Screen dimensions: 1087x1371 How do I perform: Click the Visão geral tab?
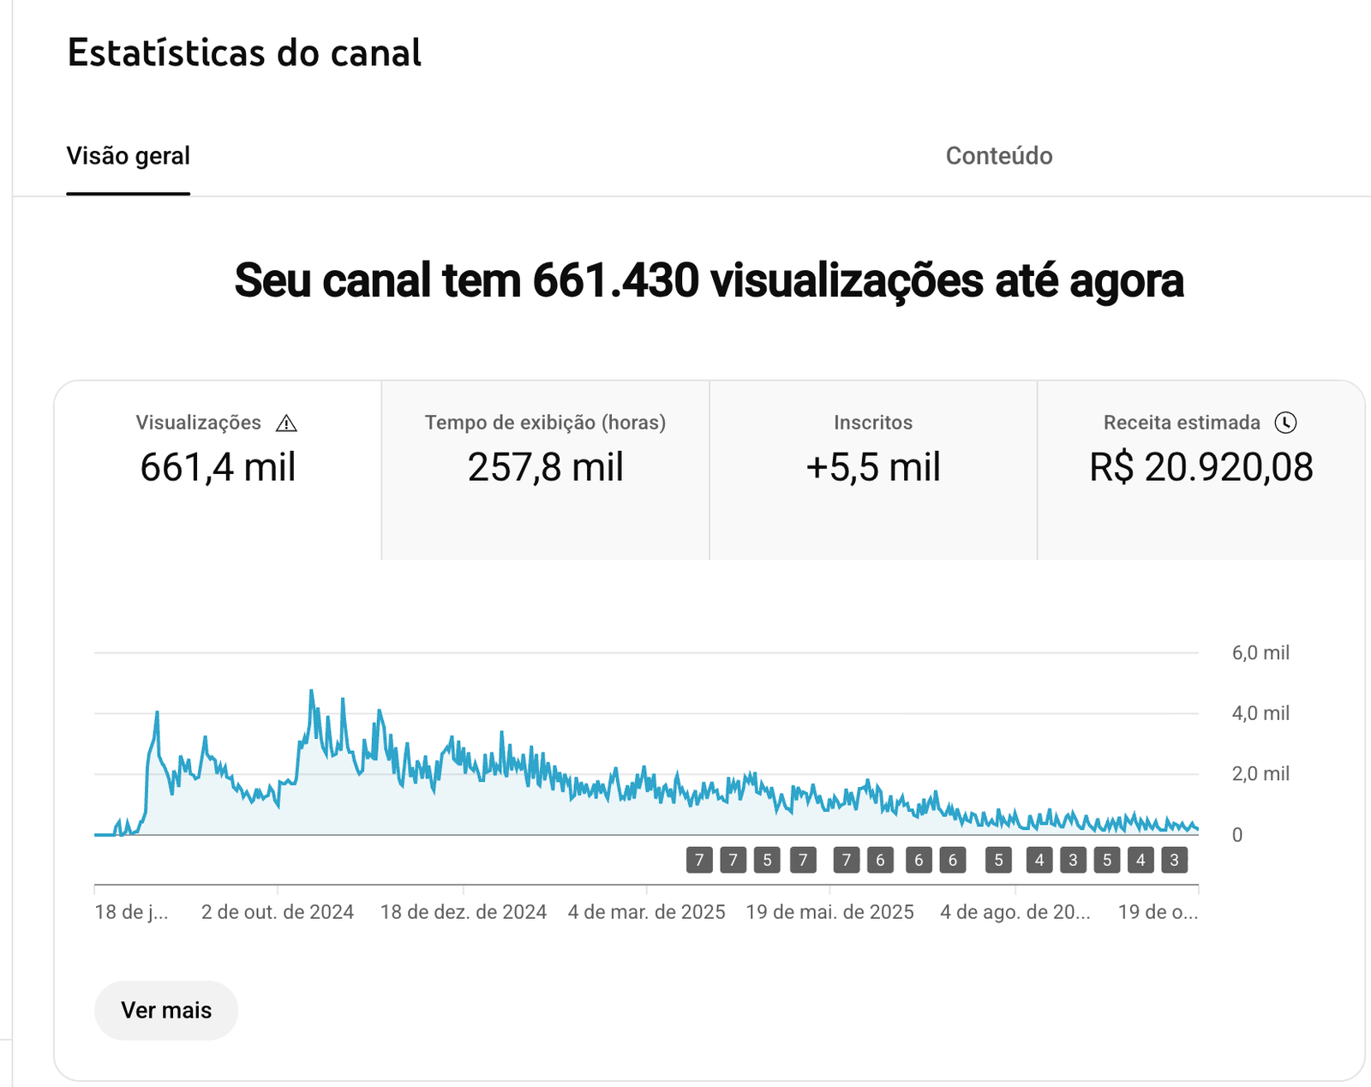(x=129, y=156)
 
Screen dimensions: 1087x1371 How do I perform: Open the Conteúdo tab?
(x=998, y=156)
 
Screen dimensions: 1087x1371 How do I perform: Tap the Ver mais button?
(x=166, y=1010)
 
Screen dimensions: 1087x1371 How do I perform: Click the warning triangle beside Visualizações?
(x=286, y=423)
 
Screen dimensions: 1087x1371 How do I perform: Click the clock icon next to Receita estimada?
(x=1285, y=423)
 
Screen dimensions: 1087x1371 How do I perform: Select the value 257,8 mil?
(x=545, y=468)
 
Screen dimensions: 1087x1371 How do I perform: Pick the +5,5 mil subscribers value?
(x=873, y=468)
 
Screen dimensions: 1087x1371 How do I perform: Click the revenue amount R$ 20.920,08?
(x=1200, y=468)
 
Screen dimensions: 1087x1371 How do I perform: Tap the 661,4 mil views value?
(x=218, y=468)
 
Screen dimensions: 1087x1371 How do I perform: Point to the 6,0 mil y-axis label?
(x=1260, y=653)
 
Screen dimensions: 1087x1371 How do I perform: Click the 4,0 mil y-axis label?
(x=1260, y=713)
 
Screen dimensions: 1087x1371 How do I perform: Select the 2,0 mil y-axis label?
(x=1260, y=774)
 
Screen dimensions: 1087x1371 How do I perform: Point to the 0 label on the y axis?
(x=1236, y=835)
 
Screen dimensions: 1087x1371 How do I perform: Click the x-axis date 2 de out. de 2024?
(x=278, y=912)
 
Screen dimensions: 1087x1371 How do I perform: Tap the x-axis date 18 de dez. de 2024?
(x=464, y=912)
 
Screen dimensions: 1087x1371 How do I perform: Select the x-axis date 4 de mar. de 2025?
(x=647, y=912)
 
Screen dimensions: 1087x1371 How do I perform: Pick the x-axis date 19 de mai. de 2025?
(x=829, y=912)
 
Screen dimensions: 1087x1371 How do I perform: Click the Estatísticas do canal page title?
(x=244, y=53)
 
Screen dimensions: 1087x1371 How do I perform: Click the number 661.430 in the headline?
(x=615, y=281)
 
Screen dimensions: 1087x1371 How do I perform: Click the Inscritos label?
(x=873, y=423)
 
